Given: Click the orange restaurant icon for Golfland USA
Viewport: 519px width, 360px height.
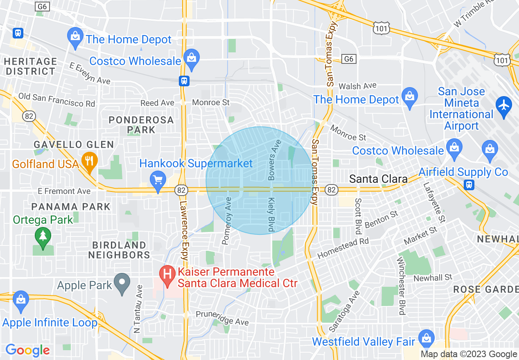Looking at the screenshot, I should (89, 159).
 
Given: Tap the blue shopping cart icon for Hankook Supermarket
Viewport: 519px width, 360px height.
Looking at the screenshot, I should (158, 179).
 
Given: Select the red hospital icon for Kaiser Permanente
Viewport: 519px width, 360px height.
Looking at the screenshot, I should (167, 273).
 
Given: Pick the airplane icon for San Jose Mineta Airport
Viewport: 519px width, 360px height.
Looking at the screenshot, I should (503, 105).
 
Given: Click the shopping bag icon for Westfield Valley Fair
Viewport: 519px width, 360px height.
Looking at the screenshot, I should (426, 337).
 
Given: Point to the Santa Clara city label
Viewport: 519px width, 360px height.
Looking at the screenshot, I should (378, 179).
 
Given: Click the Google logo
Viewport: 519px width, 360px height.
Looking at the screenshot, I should (27, 350).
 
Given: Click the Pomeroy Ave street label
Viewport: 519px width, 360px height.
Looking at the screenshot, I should (227, 221).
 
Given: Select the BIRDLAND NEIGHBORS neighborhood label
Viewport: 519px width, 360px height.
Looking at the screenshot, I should (119, 250).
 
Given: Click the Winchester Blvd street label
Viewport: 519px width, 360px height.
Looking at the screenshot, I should (402, 287).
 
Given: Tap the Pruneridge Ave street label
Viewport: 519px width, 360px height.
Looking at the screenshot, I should (222, 318).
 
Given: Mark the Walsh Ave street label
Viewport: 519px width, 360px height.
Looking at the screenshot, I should (357, 86).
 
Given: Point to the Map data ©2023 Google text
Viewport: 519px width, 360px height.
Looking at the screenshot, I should (469, 354).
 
